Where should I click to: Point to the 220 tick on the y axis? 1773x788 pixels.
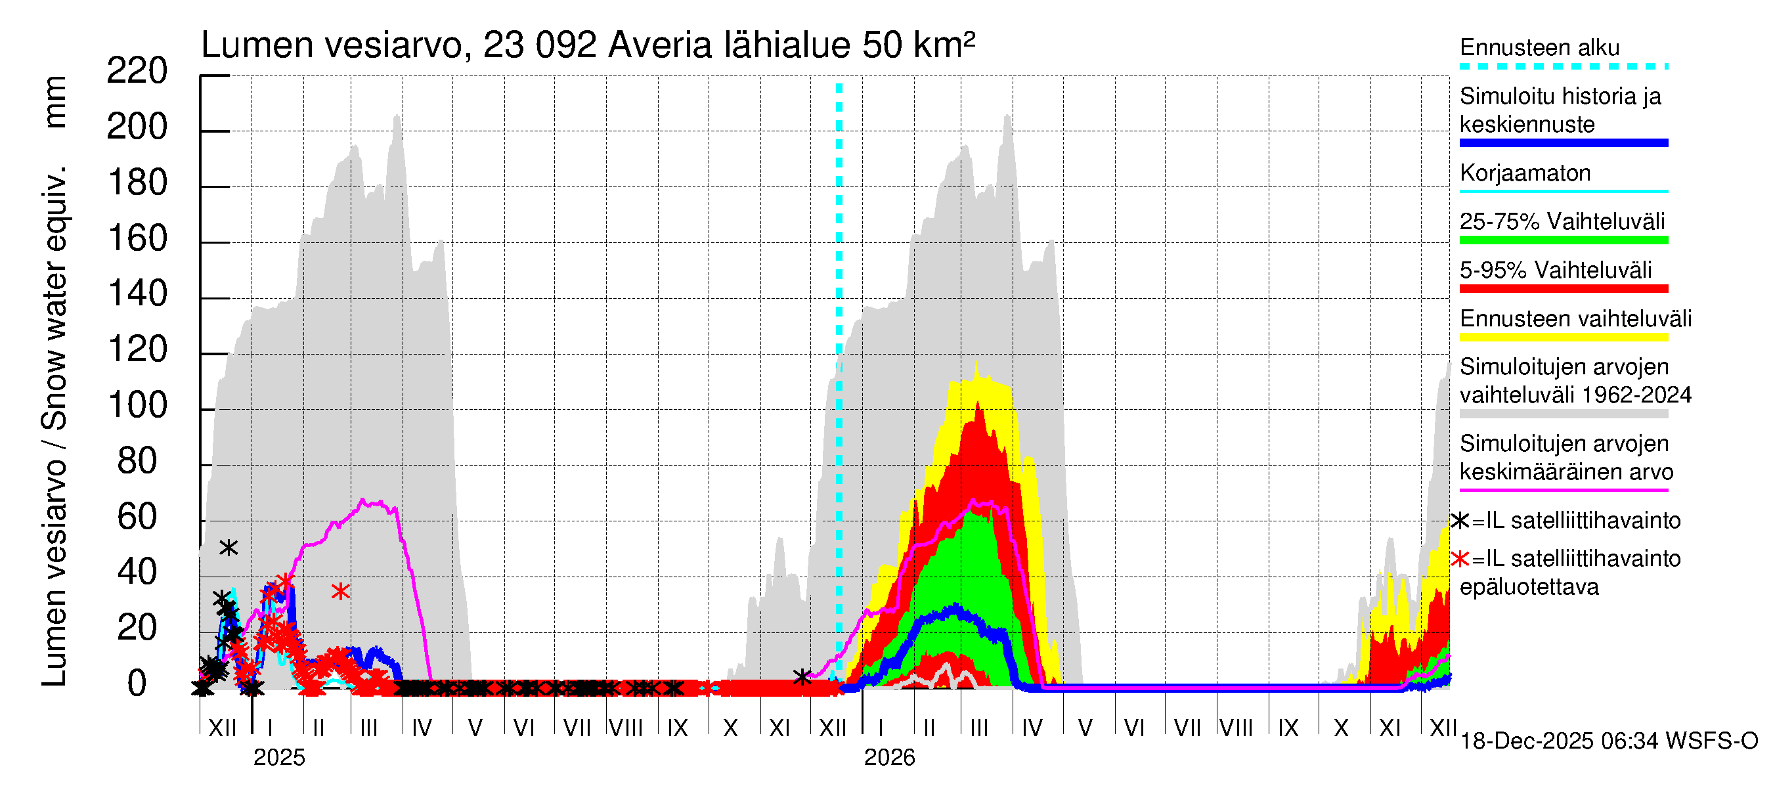(x=137, y=71)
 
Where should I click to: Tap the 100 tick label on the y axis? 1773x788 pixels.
(x=137, y=405)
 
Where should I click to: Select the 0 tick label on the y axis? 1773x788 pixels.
(x=137, y=684)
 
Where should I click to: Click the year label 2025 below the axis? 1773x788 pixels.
(x=278, y=758)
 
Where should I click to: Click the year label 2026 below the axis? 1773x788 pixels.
(x=889, y=758)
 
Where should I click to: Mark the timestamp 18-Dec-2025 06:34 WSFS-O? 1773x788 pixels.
(x=1608, y=741)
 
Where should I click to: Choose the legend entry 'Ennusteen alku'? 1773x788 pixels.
(x=1539, y=48)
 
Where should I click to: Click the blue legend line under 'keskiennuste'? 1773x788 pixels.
(x=1563, y=143)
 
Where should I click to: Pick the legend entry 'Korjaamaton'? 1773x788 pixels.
(x=1525, y=173)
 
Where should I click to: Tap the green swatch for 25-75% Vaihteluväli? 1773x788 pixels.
(x=1563, y=240)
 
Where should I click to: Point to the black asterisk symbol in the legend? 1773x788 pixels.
(x=1459, y=521)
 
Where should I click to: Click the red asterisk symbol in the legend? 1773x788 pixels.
(x=1459, y=559)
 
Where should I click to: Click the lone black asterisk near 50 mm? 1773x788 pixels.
(x=229, y=548)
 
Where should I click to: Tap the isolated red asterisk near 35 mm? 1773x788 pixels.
(x=340, y=591)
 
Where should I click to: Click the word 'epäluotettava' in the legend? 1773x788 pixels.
(x=1529, y=587)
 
